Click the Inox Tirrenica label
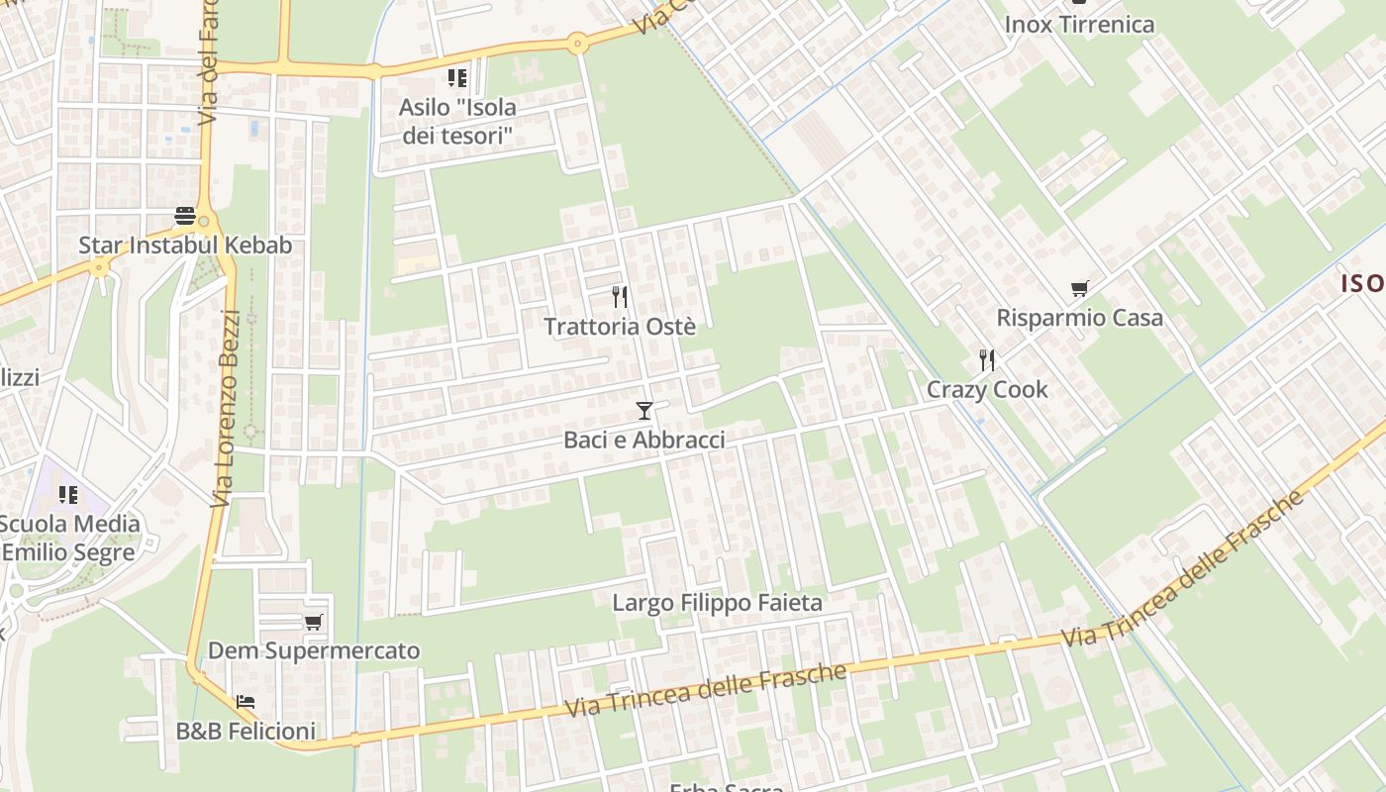tap(1079, 25)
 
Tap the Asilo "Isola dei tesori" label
tap(457, 121)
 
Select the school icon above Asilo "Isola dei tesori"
tap(457, 77)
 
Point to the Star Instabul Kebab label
tap(185, 245)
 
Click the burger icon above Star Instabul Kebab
tap(185, 215)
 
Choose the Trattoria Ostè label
tap(620, 326)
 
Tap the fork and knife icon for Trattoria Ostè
tap(620, 296)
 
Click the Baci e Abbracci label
tap(644, 440)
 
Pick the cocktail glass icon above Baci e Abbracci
tap(644, 410)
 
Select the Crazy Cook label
tap(987, 389)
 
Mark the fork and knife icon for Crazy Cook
tap(987, 359)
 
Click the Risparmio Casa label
tap(1079, 318)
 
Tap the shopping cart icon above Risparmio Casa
tap(1079, 289)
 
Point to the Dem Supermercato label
tap(314, 650)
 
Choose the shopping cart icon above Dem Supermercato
tap(314, 622)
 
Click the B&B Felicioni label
tap(246, 731)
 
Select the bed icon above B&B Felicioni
tap(246, 702)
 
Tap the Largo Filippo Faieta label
tap(717, 602)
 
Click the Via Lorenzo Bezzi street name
tap(227, 408)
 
